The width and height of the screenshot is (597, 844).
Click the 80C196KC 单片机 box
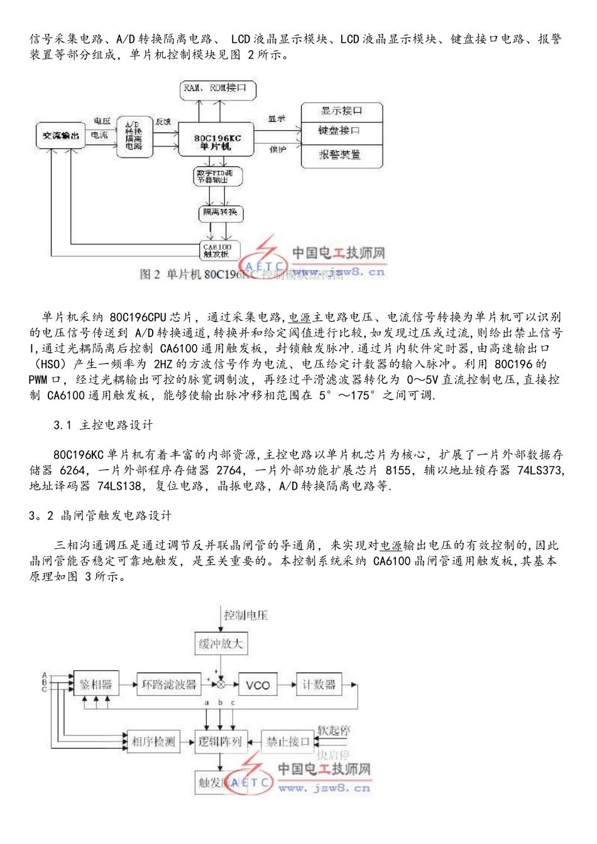tap(217, 141)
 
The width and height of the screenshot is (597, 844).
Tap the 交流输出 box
tap(60, 136)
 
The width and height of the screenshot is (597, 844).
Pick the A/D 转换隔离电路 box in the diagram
tap(134, 136)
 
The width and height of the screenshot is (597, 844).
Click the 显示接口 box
tap(342, 111)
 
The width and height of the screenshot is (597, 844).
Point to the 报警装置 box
tap(342, 154)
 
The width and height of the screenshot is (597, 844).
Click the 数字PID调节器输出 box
tap(216, 176)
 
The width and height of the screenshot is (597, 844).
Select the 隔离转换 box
tap(220, 213)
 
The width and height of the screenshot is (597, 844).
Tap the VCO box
tap(258, 684)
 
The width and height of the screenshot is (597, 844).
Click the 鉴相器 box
tap(96, 684)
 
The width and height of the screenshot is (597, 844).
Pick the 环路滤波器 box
tap(168, 684)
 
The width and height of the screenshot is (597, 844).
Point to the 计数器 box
tap(319, 684)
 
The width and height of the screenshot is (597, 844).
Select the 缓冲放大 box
tap(220, 644)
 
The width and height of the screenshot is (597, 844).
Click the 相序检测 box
tap(153, 742)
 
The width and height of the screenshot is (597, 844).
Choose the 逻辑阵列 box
tap(220, 742)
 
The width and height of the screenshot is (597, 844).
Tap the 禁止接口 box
tap(287, 742)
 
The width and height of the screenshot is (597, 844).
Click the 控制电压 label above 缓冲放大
tap(246, 615)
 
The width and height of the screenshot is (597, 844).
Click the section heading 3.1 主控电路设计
tap(103, 425)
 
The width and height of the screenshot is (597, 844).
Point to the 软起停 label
tap(333, 730)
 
